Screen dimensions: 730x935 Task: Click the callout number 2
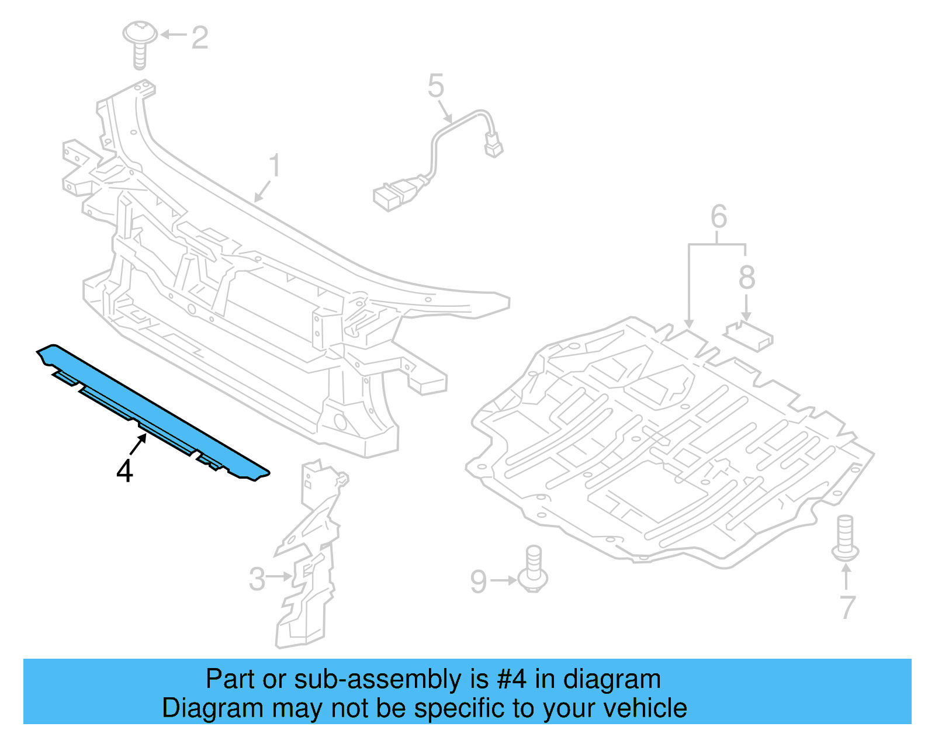pos(199,38)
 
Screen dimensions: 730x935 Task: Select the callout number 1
pos(275,166)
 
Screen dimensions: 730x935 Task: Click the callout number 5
pos(436,86)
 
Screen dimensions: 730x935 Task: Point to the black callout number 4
pos(124,471)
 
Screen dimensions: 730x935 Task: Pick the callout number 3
pos(257,579)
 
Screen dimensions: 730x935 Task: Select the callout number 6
pos(718,217)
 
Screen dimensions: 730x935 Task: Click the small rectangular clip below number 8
pos(750,336)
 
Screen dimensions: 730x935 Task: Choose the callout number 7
pos(847,607)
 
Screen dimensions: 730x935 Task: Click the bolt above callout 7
pos(845,537)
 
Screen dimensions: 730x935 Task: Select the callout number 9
pos(479,582)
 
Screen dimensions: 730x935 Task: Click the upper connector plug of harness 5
pos(493,145)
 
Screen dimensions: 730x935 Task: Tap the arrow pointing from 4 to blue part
pos(138,445)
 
